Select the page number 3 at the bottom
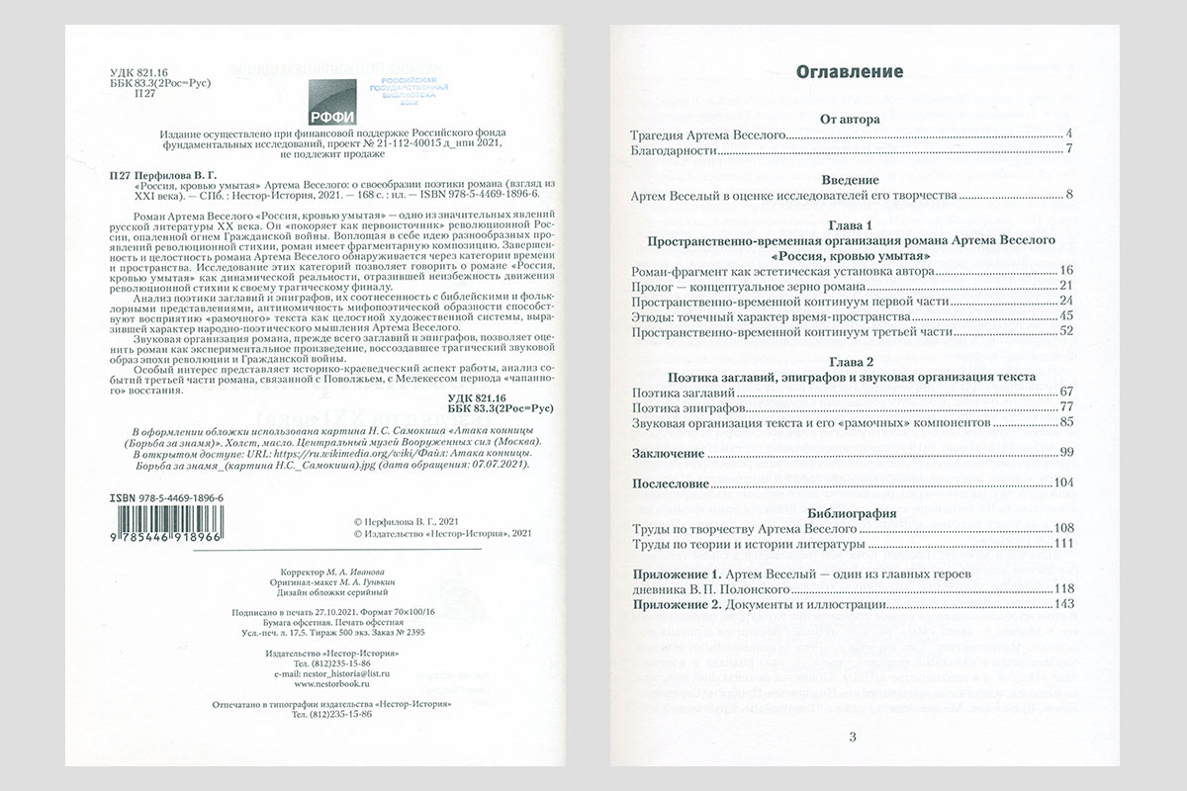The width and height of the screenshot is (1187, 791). tap(852, 736)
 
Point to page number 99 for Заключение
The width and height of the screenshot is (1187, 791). tap(1065, 453)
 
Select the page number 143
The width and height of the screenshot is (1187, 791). tap(1063, 604)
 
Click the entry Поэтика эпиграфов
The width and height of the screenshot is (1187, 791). tap(687, 407)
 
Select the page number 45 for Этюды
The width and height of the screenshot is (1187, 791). tap(1065, 315)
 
